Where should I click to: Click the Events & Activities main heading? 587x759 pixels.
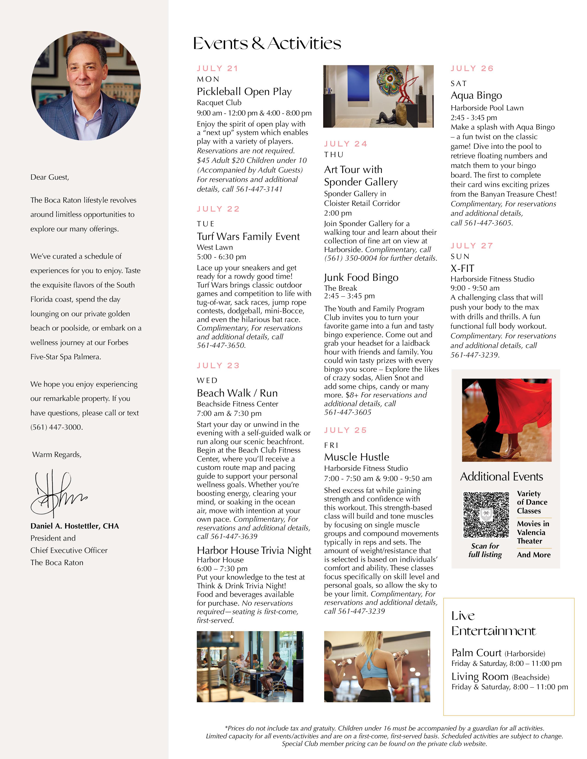(267, 43)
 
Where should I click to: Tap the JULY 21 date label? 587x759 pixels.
(217, 69)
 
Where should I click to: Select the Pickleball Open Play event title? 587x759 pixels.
(244, 92)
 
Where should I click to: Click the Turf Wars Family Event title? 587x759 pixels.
(248, 237)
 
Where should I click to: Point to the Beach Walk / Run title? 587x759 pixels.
(237, 393)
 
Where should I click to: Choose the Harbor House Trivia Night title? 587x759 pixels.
(254, 550)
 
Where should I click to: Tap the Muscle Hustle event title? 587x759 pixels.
(356, 457)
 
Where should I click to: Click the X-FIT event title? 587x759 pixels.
(462, 268)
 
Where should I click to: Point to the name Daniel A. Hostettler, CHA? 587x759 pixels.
(74, 526)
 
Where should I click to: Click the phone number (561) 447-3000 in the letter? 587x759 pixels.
(56, 427)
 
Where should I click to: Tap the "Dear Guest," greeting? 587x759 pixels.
(50, 177)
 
